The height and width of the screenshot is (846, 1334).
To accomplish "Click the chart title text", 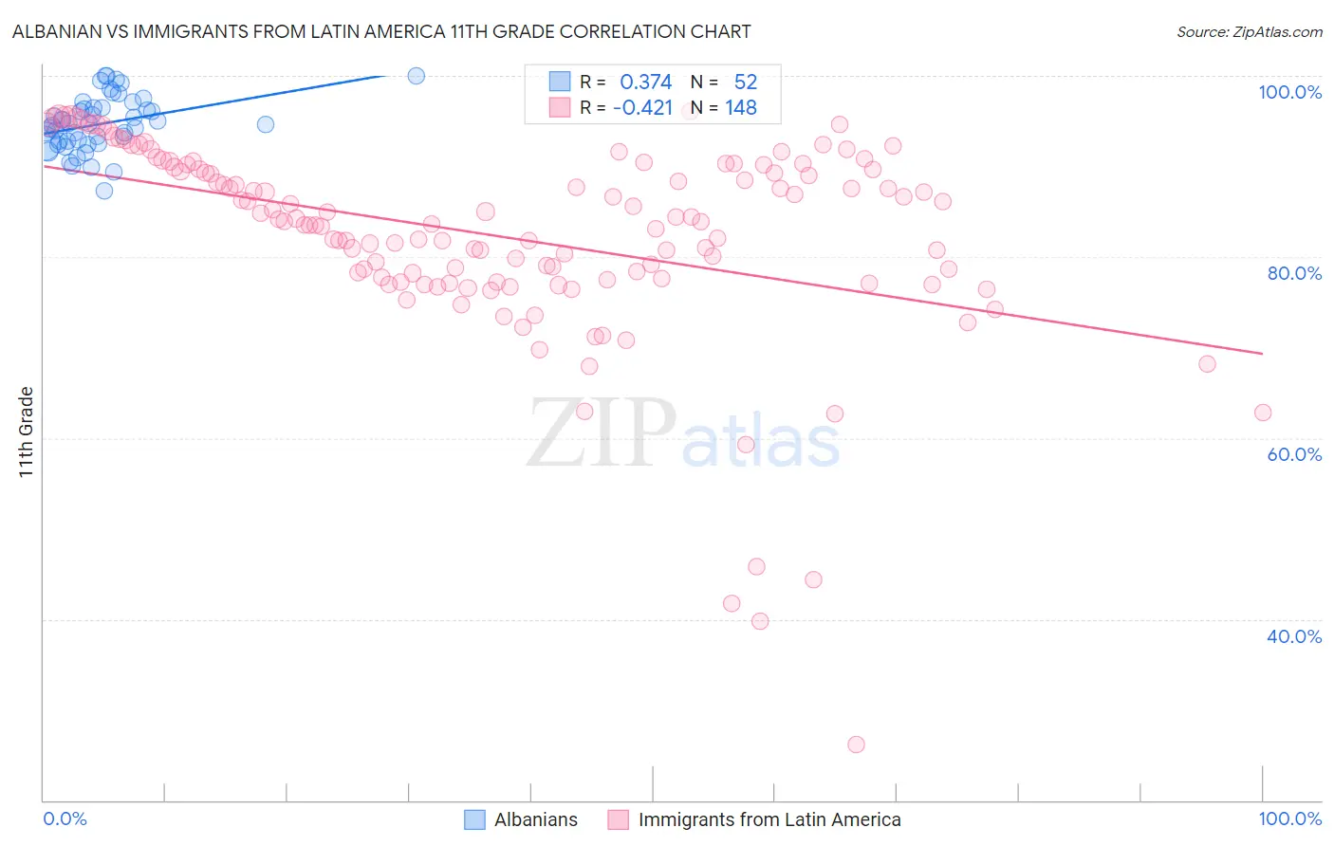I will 380,31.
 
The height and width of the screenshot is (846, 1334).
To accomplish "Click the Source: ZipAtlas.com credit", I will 1249,31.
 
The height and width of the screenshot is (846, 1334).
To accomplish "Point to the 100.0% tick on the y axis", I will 1289,92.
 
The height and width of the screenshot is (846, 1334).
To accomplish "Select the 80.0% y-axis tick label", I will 1294,273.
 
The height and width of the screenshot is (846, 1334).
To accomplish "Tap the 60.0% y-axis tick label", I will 1294,454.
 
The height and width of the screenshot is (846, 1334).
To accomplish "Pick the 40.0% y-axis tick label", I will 1294,636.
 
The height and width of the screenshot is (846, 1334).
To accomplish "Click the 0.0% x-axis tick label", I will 65,818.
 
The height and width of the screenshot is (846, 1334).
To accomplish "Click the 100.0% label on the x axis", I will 1289,818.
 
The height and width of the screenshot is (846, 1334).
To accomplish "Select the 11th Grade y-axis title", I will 27,432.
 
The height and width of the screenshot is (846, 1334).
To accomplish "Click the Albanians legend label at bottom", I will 535,819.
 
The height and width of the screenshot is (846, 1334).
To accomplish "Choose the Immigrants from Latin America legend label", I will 769,819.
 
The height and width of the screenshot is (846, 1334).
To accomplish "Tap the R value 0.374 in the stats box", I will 645,83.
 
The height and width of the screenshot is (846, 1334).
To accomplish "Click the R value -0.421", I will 642,108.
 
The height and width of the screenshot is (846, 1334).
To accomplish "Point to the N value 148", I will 741,108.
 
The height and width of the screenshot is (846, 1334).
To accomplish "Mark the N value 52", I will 746,83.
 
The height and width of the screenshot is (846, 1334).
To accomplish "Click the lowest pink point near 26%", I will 856,745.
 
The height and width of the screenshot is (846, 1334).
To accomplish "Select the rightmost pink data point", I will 1262,413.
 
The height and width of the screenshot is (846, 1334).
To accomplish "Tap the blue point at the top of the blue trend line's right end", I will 416,76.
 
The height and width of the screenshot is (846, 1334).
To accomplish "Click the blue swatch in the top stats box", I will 560,83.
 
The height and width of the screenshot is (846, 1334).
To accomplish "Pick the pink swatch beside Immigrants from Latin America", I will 619,819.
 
